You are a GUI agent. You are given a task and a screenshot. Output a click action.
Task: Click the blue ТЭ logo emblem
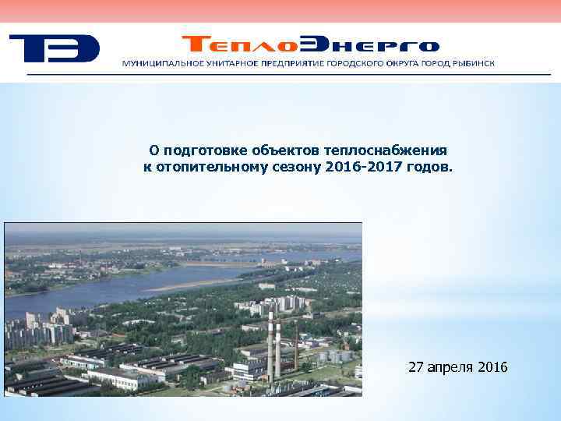[54, 48]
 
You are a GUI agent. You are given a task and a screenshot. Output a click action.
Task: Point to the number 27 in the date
[416, 366]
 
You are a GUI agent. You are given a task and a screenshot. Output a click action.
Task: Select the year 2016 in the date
[492, 366]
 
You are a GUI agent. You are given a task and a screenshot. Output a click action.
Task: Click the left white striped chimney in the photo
[270, 349]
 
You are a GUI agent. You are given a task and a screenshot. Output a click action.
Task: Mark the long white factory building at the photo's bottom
[125, 378]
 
